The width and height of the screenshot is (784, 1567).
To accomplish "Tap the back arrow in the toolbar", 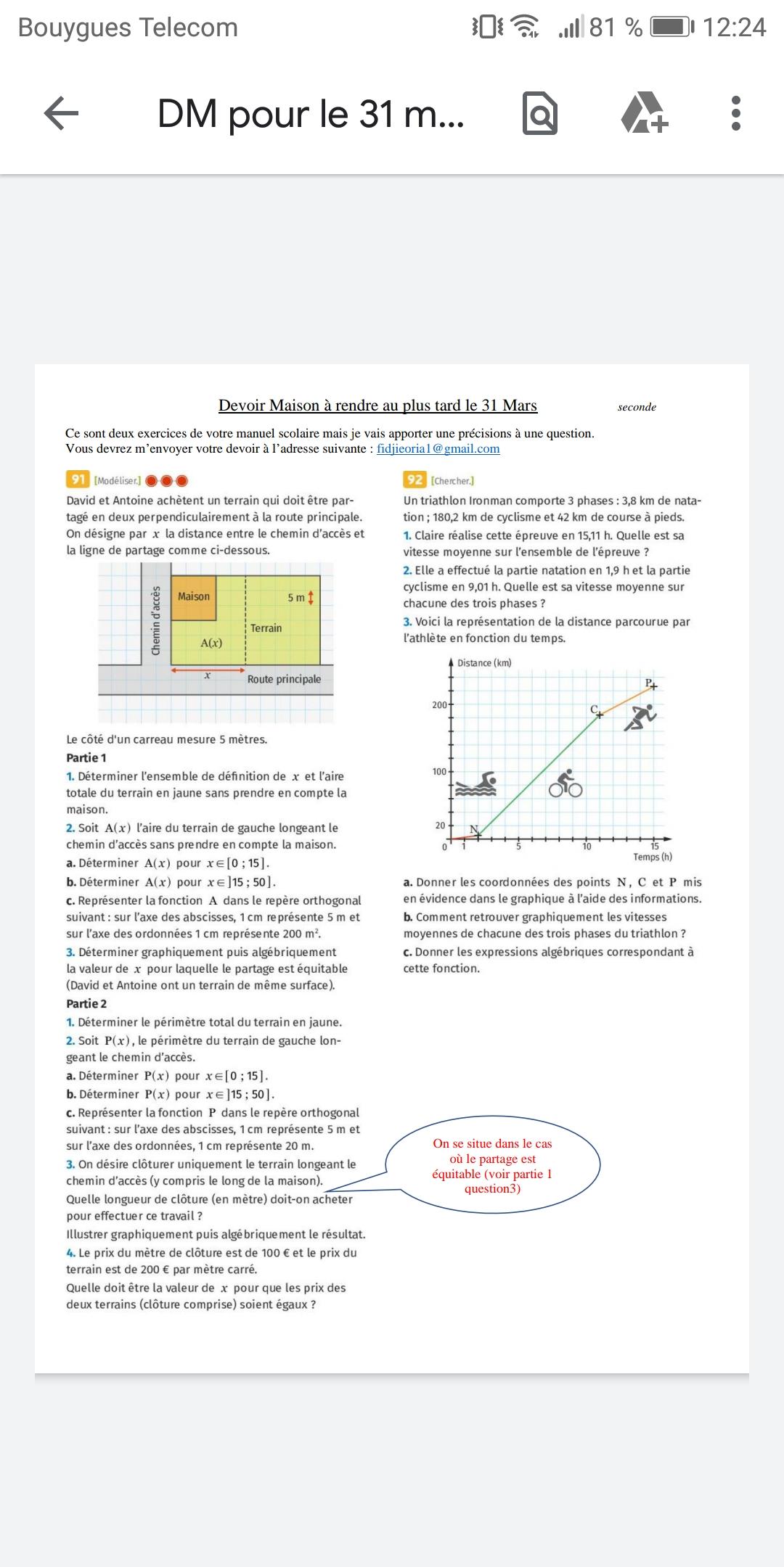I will point(62,114).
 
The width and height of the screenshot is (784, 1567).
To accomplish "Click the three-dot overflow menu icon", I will point(735,114).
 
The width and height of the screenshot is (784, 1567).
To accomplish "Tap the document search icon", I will point(540,114).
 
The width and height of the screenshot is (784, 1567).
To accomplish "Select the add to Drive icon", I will point(644,114).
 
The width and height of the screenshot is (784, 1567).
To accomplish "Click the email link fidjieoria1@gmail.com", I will point(438,448).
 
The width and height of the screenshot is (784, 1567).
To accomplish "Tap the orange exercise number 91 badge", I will point(78,480).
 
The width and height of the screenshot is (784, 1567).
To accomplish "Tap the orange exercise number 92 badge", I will point(415,480).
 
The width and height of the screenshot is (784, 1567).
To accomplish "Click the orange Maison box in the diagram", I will point(194,597).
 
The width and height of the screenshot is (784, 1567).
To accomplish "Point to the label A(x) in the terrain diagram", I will point(211,643).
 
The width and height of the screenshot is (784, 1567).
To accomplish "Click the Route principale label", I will point(284,679).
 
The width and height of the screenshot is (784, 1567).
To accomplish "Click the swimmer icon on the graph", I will point(476,784).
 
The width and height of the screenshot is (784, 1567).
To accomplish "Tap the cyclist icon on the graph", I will point(565,783).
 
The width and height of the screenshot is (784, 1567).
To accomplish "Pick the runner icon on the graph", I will point(641,717).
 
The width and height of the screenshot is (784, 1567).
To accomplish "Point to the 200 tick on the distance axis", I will point(440,704).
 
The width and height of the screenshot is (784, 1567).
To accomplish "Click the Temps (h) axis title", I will point(653,857).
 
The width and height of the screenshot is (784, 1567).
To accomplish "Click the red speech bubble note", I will point(493,1165).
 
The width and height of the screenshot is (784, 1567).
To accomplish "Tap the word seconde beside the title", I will point(637,407).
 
